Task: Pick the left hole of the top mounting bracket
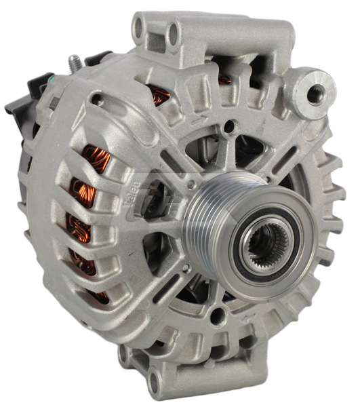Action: pos(140,28)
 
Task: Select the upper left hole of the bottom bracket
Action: pos(124,353)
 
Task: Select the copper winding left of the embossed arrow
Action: pos(161,95)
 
